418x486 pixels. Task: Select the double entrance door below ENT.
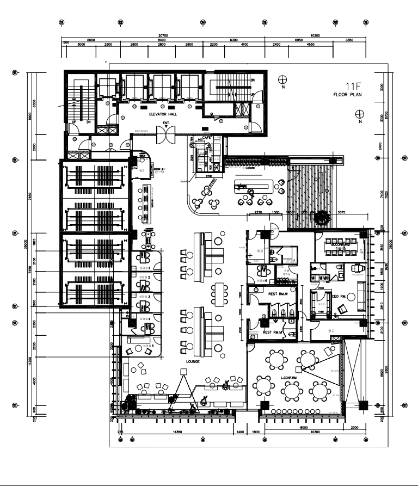point(165,136)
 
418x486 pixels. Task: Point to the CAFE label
point(207,138)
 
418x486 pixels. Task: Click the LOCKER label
point(250,168)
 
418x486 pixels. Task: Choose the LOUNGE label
point(193,361)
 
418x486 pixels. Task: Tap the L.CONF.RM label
point(288,377)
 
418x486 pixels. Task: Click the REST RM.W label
point(278,294)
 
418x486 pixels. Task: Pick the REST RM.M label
point(272,332)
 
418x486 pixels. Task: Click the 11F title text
point(354,86)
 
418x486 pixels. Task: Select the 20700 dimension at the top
point(162,35)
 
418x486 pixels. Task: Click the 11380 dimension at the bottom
point(177,432)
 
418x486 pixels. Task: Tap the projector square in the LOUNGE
point(184,371)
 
